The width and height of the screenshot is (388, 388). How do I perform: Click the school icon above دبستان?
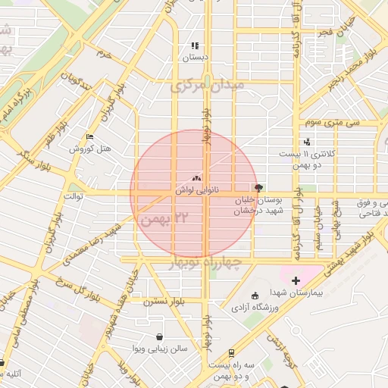[x=195, y=45]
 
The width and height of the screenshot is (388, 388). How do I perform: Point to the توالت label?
[x=72, y=196]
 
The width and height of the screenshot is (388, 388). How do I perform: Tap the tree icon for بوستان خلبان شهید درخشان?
[x=259, y=187]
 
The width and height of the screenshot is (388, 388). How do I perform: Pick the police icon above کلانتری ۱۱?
[x=306, y=141]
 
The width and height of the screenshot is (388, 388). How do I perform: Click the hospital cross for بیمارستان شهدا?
[x=296, y=280]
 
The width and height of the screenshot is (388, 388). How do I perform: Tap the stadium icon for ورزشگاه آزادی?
[x=254, y=296]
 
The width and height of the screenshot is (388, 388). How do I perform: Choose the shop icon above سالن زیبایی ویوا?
[x=159, y=337]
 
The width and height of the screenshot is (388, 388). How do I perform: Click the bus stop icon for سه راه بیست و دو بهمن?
[x=231, y=353]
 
